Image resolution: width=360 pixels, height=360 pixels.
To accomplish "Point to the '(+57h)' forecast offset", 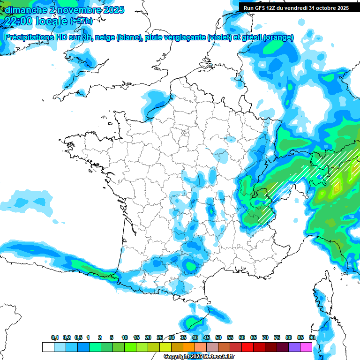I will [81, 21].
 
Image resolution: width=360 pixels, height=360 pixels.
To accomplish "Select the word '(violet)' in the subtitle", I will [219, 37].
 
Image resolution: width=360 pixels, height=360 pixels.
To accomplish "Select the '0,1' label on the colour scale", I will [55, 338].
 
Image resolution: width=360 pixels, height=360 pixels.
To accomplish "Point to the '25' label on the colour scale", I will [160, 338].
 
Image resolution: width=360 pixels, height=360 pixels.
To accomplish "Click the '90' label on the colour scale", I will [312, 338].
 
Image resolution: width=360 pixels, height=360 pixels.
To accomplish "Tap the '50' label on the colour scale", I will [218, 338].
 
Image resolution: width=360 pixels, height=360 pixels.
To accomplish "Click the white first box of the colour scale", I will [48, 347].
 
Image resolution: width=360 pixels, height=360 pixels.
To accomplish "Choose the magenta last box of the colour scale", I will [307, 347].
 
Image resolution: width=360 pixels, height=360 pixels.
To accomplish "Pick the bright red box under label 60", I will [247, 347].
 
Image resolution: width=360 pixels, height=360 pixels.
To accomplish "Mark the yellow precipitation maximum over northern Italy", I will [337, 187].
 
